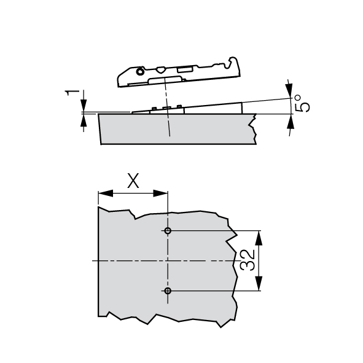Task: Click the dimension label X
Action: click(x=133, y=181)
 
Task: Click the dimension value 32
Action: click(x=248, y=260)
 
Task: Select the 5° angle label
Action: click(x=302, y=103)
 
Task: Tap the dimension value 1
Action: click(x=72, y=93)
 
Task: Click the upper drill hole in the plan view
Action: click(x=168, y=230)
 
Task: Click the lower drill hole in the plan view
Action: click(x=168, y=291)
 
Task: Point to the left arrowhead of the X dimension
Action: click(x=106, y=193)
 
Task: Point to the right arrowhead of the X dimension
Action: click(x=160, y=193)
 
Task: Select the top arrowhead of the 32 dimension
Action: click(x=259, y=238)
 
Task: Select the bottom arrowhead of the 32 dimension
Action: click(x=259, y=283)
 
